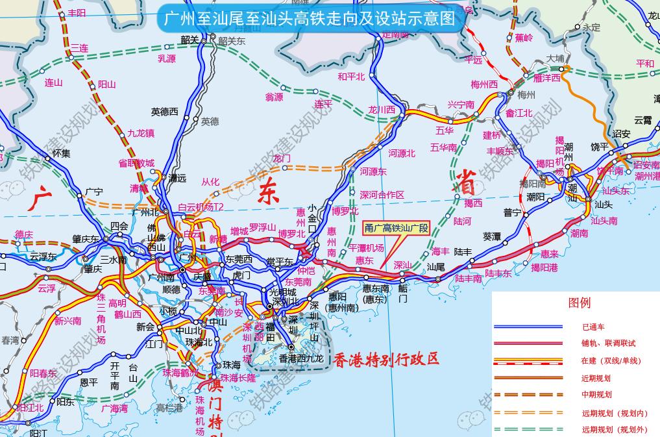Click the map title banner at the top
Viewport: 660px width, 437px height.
pos(312,18)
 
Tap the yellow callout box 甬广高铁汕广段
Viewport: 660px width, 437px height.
pos(397,228)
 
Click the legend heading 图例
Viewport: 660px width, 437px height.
pos(579,303)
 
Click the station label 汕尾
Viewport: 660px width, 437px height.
pos(435,267)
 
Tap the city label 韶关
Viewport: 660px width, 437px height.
pos(189,40)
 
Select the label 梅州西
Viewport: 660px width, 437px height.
pos(483,84)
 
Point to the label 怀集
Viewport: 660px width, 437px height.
pos(61,153)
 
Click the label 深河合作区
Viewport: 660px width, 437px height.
pos(382,195)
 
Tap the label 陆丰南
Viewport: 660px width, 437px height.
pos(468,279)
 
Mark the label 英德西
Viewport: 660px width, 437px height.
pos(164,112)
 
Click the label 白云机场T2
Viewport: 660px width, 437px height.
pos(201,207)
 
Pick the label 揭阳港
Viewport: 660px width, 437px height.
pos(544,267)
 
